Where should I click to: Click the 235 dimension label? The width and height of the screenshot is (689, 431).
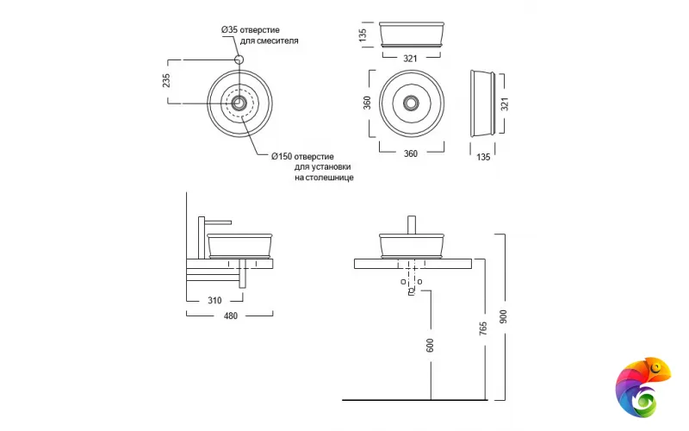(x=167, y=80)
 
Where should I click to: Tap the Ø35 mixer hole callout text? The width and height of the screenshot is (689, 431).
(x=260, y=34)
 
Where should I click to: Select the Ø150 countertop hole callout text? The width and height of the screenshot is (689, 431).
(x=313, y=166)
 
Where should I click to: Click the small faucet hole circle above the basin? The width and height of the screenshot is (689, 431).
(x=240, y=59)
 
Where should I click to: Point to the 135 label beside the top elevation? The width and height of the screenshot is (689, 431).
(x=363, y=34)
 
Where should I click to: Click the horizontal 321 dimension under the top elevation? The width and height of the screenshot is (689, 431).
(x=411, y=58)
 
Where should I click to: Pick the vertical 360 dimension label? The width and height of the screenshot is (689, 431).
(x=367, y=103)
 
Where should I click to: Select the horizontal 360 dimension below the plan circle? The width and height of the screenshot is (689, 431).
(x=411, y=153)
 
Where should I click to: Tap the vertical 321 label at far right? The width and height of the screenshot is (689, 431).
(x=506, y=103)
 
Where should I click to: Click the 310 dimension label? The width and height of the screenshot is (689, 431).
(x=214, y=301)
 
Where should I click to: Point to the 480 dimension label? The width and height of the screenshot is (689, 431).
(x=230, y=315)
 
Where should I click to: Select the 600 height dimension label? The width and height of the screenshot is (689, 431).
(x=430, y=346)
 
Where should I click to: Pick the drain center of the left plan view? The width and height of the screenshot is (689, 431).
(x=240, y=103)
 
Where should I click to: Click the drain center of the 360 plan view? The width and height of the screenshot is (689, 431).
(x=411, y=103)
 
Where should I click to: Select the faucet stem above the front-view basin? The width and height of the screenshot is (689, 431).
(x=412, y=223)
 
